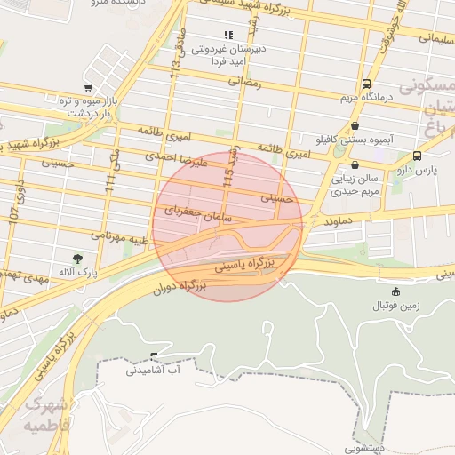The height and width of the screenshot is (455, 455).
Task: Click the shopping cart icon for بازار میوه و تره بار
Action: (87, 88)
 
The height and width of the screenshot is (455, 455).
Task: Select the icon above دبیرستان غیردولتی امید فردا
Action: (228, 36)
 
